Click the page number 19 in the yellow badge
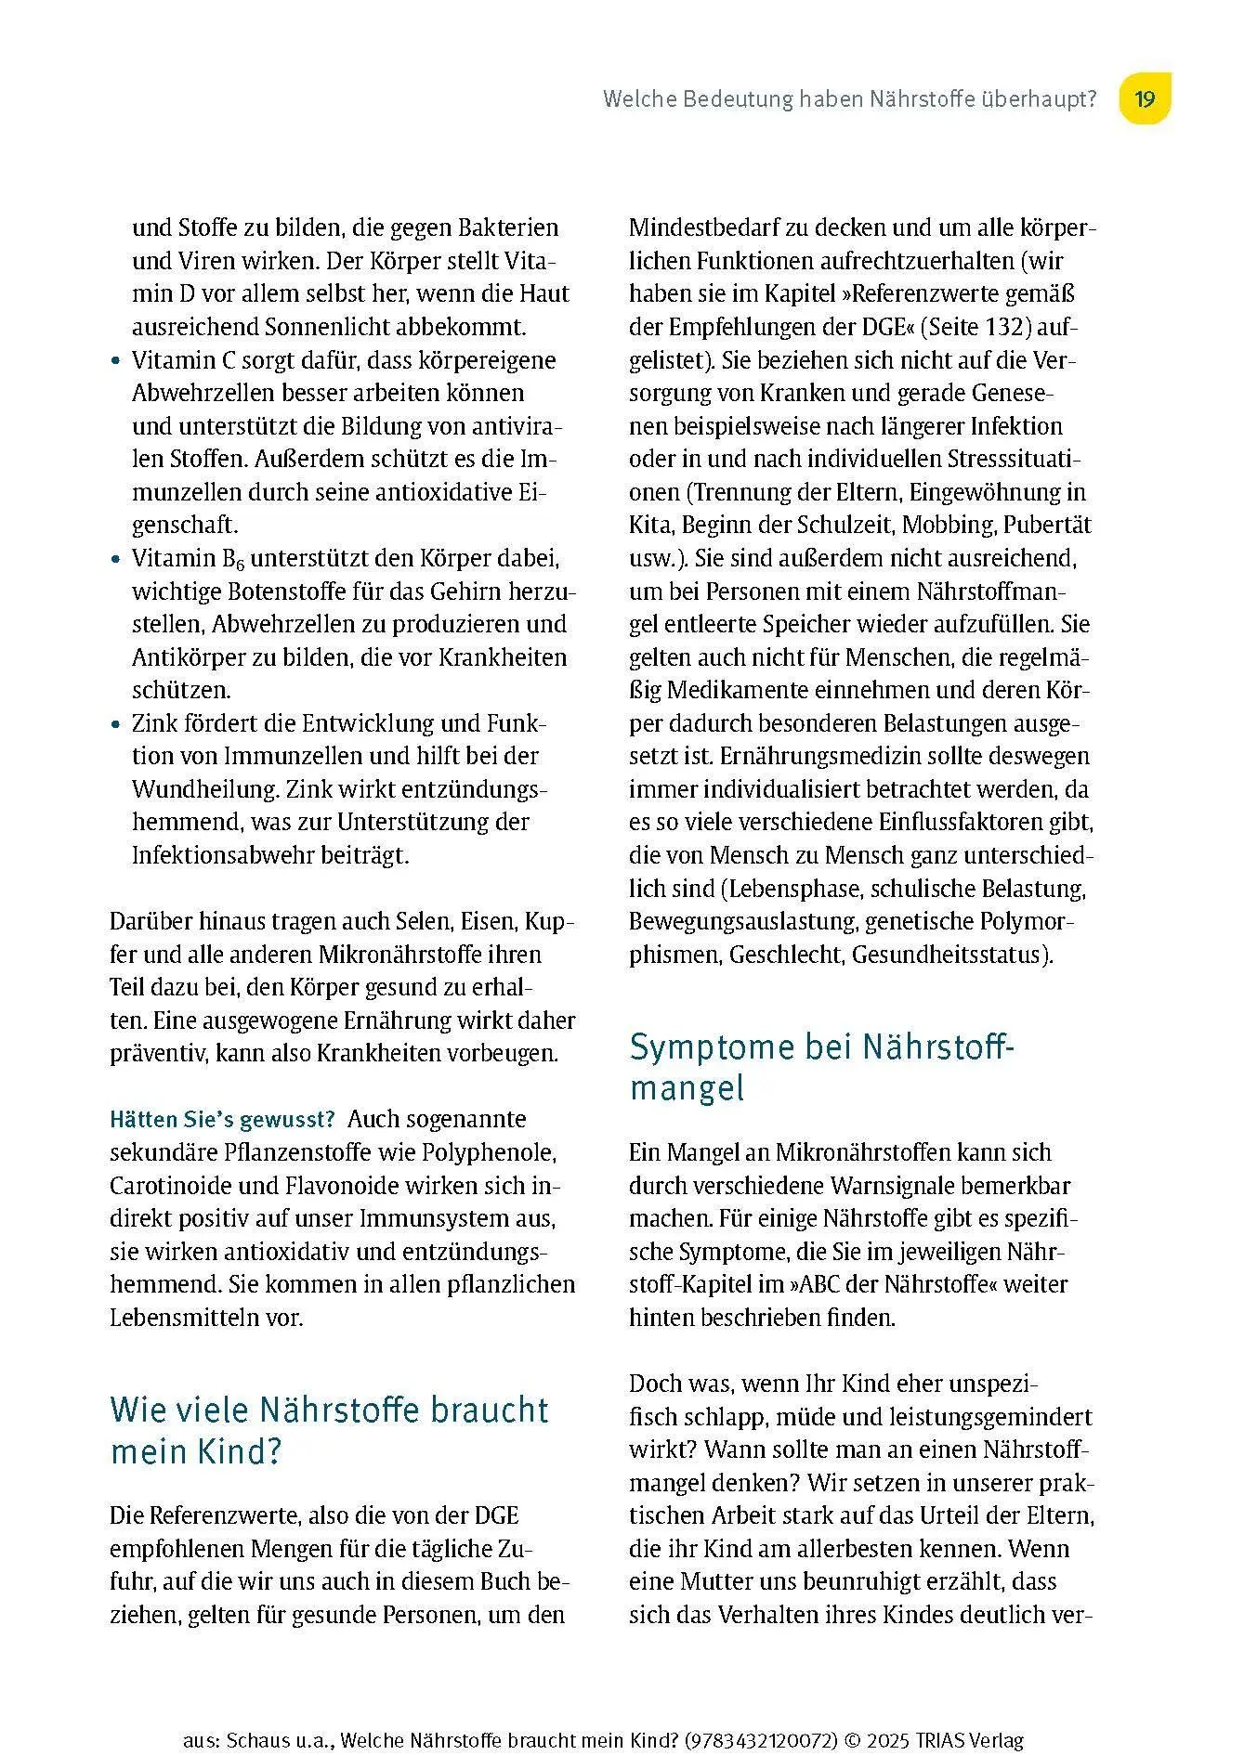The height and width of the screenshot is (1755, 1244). pyautogui.click(x=1145, y=99)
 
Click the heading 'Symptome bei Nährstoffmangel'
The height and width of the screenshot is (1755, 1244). pyautogui.click(x=822, y=1067)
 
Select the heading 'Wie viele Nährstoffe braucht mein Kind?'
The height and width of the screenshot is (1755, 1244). pyautogui.click(x=329, y=1430)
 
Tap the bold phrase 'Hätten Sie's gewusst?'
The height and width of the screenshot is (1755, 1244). pyautogui.click(x=222, y=1119)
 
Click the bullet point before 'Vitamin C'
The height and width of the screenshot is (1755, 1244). pyautogui.click(x=115, y=360)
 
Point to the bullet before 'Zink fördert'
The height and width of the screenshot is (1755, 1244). pyautogui.click(x=115, y=723)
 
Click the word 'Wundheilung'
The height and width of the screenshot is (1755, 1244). pyautogui.click(x=204, y=789)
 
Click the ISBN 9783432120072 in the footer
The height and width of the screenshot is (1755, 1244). pyautogui.click(x=760, y=1733)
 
